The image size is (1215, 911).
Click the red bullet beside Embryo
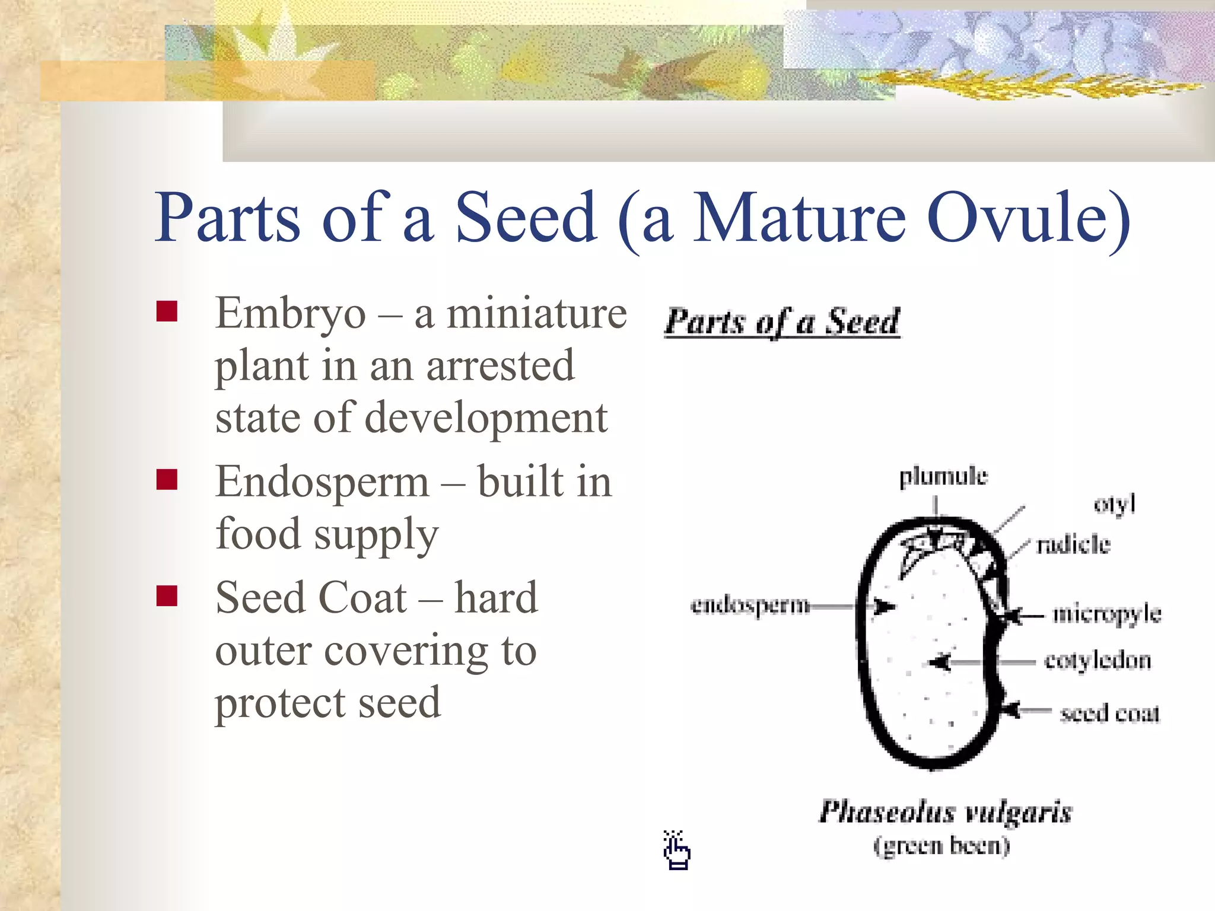click(x=167, y=311)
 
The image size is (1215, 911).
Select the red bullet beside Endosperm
click(x=167, y=479)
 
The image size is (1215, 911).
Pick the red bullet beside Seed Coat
click(x=167, y=595)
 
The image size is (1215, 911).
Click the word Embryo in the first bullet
click(x=291, y=314)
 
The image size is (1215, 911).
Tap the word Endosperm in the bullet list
click(x=322, y=482)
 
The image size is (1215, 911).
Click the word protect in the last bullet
click(x=279, y=703)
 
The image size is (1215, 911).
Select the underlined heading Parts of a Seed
click(x=782, y=322)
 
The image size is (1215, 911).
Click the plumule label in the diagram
click(x=943, y=477)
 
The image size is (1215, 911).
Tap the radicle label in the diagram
click(x=1073, y=544)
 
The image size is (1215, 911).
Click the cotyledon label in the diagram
click(x=1098, y=661)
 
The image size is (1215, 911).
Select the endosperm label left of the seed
click(x=750, y=606)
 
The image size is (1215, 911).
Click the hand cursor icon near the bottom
click(x=676, y=851)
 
